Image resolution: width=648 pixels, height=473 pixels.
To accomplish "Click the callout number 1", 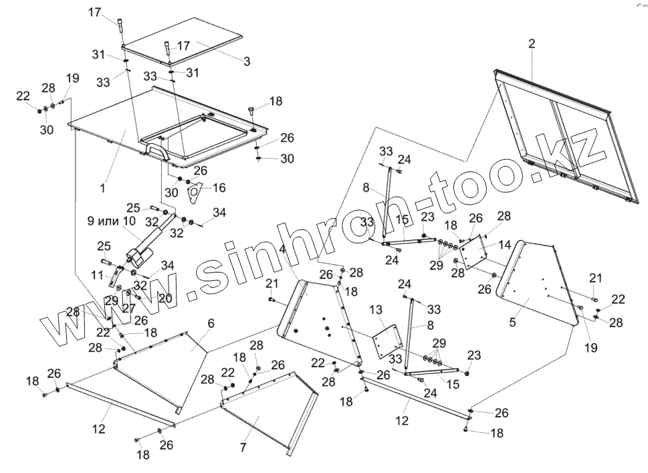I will click(x=103, y=188).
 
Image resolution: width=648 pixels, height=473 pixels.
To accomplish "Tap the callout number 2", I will click(x=532, y=44).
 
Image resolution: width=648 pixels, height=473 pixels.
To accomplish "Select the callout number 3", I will click(x=247, y=61).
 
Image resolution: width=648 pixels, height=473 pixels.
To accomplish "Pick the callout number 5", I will click(x=512, y=322).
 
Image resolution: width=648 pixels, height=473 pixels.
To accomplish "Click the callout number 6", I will click(x=211, y=323).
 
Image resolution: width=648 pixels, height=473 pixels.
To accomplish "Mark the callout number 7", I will click(x=243, y=446).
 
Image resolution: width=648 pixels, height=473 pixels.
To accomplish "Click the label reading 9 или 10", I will click(x=111, y=221).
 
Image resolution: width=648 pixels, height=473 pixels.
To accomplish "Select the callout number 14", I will click(x=504, y=244).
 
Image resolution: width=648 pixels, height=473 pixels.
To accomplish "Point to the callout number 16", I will click(x=219, y=188).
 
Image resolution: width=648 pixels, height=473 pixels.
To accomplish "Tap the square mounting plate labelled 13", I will click(x=385, y=341).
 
